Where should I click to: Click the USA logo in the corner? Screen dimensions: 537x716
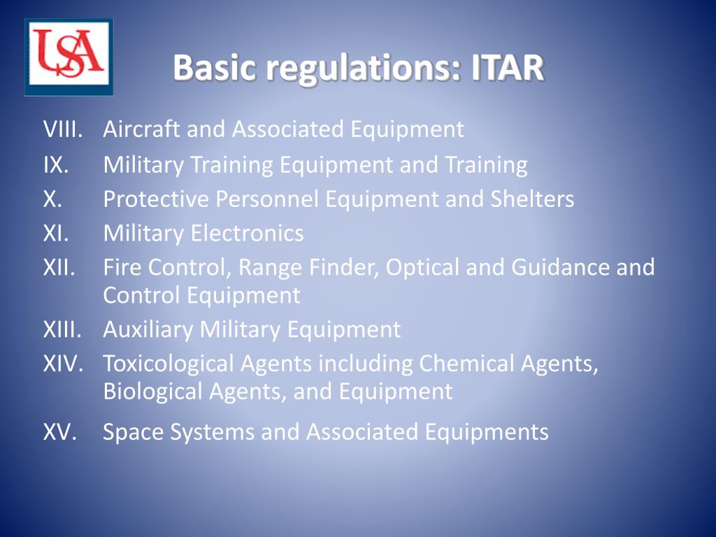tap(69, 57)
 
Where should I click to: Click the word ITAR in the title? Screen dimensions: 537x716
tap(506, 69)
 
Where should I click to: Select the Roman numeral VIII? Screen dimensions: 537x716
tap(63, 129)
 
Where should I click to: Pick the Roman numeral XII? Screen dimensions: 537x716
tap(59, 267)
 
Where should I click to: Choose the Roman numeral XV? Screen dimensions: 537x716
tap(59, 432)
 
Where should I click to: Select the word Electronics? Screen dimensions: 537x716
tap(248, 233)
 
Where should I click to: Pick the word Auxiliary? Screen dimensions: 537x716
tap(148, 329)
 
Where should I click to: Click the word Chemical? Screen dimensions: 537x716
tap(468, 364)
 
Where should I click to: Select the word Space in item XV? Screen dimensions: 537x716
tap(131, 432)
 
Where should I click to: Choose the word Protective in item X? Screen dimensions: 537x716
tap(156, 199)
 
